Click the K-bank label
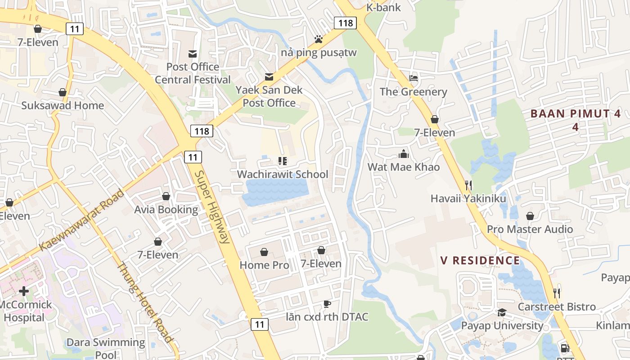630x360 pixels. point(383,7)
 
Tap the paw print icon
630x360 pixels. point(319,39)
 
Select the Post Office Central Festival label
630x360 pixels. point(193,73)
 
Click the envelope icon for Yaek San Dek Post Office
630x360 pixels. point(269,77)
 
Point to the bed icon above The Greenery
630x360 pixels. point(414,78)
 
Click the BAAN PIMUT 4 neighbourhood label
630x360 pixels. point(575,120)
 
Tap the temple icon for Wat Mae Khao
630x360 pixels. point(404,154)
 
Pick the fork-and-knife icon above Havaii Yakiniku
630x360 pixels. point(468,185)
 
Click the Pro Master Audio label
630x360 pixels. point(530,229)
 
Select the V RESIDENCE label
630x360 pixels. point(480,260)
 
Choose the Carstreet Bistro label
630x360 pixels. point(557,307)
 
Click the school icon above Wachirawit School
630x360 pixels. point(283,161)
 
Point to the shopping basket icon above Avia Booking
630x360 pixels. point(166,196)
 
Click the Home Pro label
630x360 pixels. point(264,265)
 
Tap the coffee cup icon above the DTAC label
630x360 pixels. point(327,304)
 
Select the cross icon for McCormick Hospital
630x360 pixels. point(24,291)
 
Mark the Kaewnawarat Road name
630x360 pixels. point(82,220)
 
